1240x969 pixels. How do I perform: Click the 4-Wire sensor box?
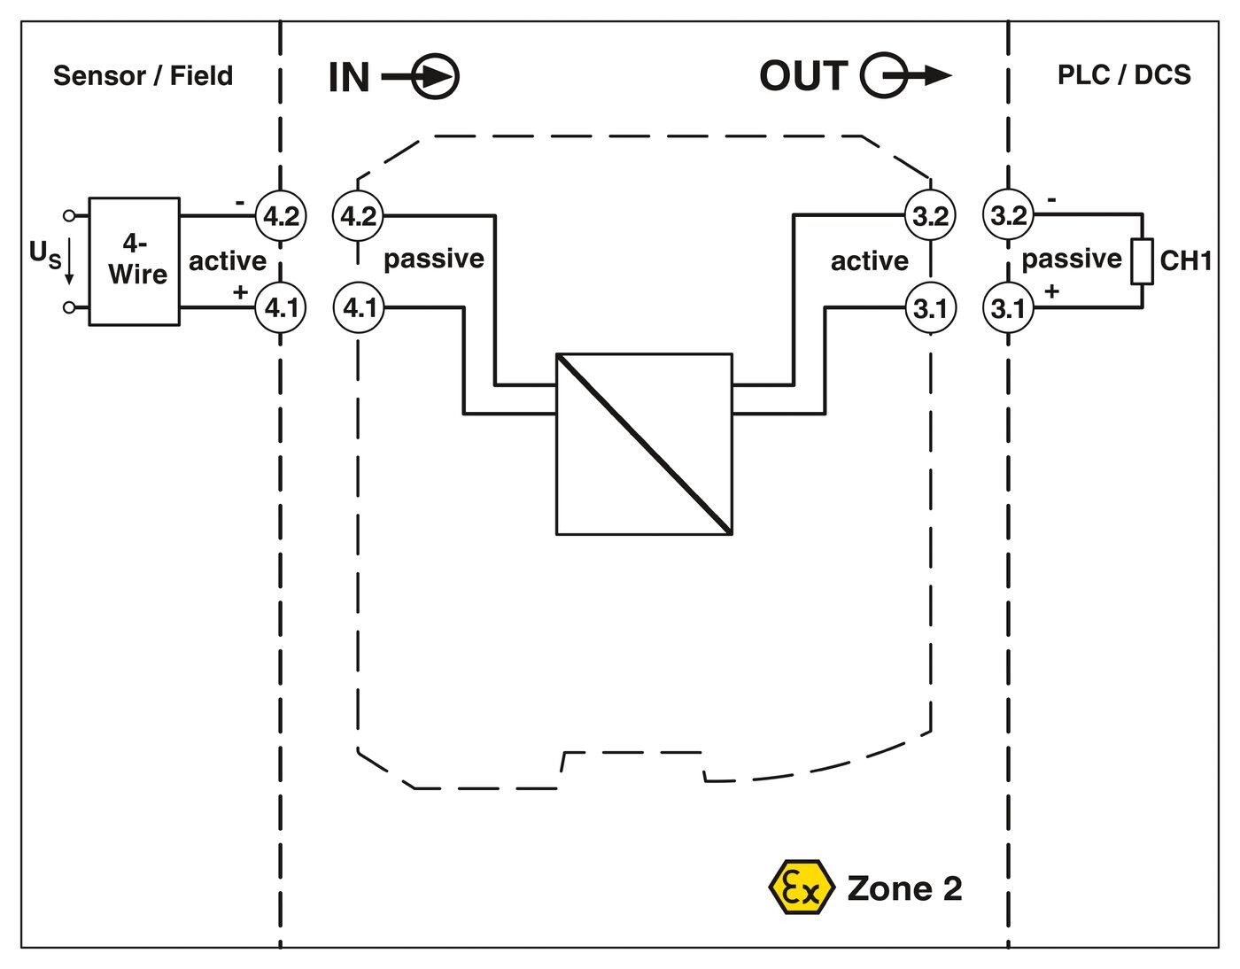[x=135, y=261]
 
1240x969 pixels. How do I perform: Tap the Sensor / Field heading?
[x=143, y=76]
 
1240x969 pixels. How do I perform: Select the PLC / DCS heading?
[x=1124, y=75]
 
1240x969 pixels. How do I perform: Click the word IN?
[x=349, y=77]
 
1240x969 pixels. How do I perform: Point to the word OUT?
[x=803, y=76]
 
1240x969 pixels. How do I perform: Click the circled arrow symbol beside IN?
[x=436, y=77]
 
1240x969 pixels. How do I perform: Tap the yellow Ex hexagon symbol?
[x=802, y=887]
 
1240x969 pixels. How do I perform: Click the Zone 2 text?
[x=904, y=888]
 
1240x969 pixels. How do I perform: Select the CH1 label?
[x=1185, y=261]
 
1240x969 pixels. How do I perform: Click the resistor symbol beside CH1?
[x=1142, y=261]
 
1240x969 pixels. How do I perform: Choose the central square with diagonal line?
[x=644, y=444]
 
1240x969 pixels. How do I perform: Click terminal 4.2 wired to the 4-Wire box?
[x=281, y=216]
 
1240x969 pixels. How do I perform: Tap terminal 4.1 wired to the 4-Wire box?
[x=281, y=308]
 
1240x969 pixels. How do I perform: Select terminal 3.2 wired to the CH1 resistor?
[x=1008, y=216]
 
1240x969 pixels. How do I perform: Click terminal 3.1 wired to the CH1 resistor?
[x=1008, y=308]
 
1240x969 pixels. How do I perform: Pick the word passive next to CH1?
[x=1071, y=259]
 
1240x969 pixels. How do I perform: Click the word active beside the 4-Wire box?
[x=227, y=261]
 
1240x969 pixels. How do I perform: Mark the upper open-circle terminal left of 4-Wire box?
[x=68, y=215]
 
